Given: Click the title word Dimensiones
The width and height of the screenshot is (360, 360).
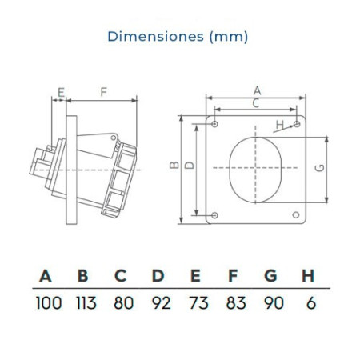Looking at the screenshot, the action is point(155,36).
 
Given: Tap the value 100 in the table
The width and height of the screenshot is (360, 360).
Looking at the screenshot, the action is point(49,303).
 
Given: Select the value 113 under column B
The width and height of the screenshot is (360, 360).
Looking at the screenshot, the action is point(86,303).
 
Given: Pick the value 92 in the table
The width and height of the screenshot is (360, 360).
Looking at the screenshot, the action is point(161,303).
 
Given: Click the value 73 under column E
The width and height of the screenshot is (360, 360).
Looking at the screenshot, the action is point(198,303).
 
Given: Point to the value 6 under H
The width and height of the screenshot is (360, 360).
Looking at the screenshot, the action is point(311,303).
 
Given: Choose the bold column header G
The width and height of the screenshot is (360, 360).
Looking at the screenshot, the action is point(270,275).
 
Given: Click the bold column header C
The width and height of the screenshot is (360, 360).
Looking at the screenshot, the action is point(120,275).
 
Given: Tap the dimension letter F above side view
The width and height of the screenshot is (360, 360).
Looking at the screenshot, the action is point(103,92).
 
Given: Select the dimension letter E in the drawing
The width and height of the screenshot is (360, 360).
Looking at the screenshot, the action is point(62,93).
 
